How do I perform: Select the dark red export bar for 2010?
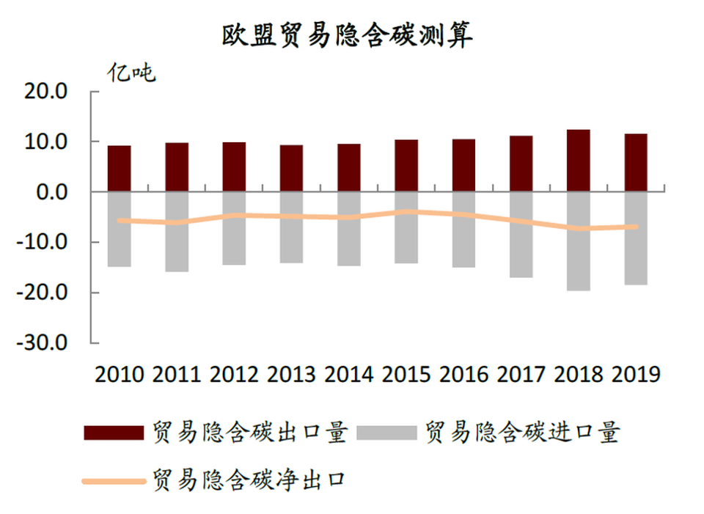[119, 169]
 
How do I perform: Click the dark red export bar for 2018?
[579, 161]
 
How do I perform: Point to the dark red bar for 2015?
[406, 166]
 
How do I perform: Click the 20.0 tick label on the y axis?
[45, 92]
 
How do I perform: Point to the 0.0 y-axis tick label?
[51, 192]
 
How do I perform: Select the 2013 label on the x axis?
[292, 375]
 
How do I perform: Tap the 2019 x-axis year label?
[637, 375]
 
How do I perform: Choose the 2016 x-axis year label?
[464, 375]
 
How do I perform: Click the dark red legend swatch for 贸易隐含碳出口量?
[114, 433]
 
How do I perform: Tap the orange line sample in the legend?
[114, 481]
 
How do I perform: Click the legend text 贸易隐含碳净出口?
[249, 481]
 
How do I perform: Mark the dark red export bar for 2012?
[234, 167]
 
